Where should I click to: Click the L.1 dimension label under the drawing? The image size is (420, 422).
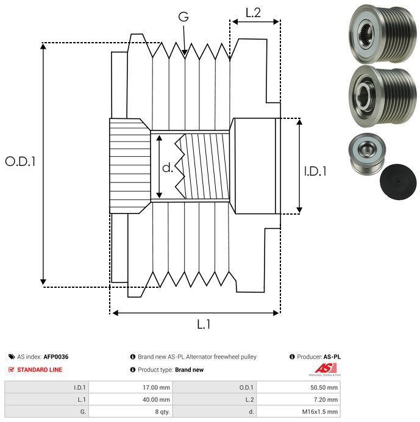[204, 325]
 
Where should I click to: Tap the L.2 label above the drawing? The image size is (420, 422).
[253, 12]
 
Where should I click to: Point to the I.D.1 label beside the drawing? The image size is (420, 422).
[315, 171]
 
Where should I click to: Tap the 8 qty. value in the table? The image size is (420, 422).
[162, 412]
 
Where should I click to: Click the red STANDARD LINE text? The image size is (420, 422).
[40, 370]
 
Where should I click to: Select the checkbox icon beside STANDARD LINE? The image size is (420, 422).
[11, 370]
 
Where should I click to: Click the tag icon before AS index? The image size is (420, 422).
[11, 357]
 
